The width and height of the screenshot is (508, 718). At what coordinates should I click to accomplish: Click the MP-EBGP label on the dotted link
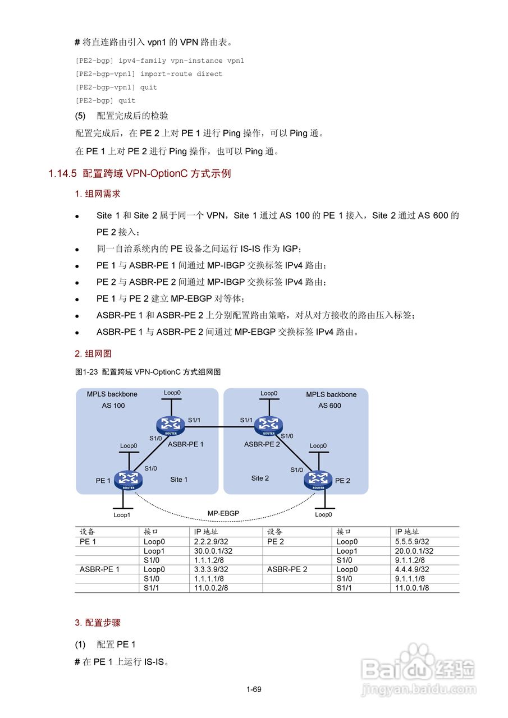[223, 513]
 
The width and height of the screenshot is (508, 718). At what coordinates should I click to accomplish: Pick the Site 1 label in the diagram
[179, 480]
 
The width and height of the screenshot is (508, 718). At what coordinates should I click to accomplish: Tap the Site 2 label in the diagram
[260, 478]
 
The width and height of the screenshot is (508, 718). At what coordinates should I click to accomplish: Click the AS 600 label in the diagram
[329, 406]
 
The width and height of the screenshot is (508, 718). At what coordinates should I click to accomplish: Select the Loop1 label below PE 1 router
[122, 514]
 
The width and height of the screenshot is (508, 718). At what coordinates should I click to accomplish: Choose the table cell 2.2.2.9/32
[208, 542]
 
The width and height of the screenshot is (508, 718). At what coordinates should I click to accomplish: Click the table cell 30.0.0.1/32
[210, 551]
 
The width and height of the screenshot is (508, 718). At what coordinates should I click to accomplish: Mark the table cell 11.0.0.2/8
[207, 587]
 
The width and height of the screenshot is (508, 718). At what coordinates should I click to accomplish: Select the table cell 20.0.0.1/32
[414, 551]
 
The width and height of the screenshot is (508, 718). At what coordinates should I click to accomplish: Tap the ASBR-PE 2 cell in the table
[287, 569]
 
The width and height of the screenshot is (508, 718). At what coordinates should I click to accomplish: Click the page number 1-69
[254, 689]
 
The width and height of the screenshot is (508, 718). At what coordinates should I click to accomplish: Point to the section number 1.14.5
[62, 174]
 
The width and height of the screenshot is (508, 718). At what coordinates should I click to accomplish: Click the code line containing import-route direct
[149, 74]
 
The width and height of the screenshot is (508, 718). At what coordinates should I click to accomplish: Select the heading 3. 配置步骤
[98, 623]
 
